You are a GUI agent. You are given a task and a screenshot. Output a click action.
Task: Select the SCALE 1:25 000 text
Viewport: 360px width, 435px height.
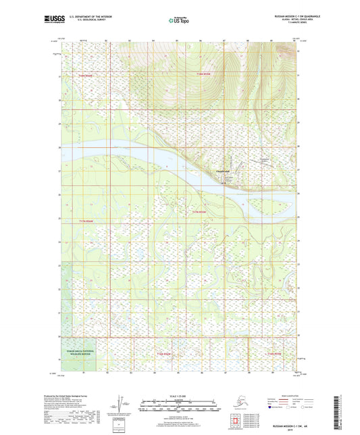click(179, 396)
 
